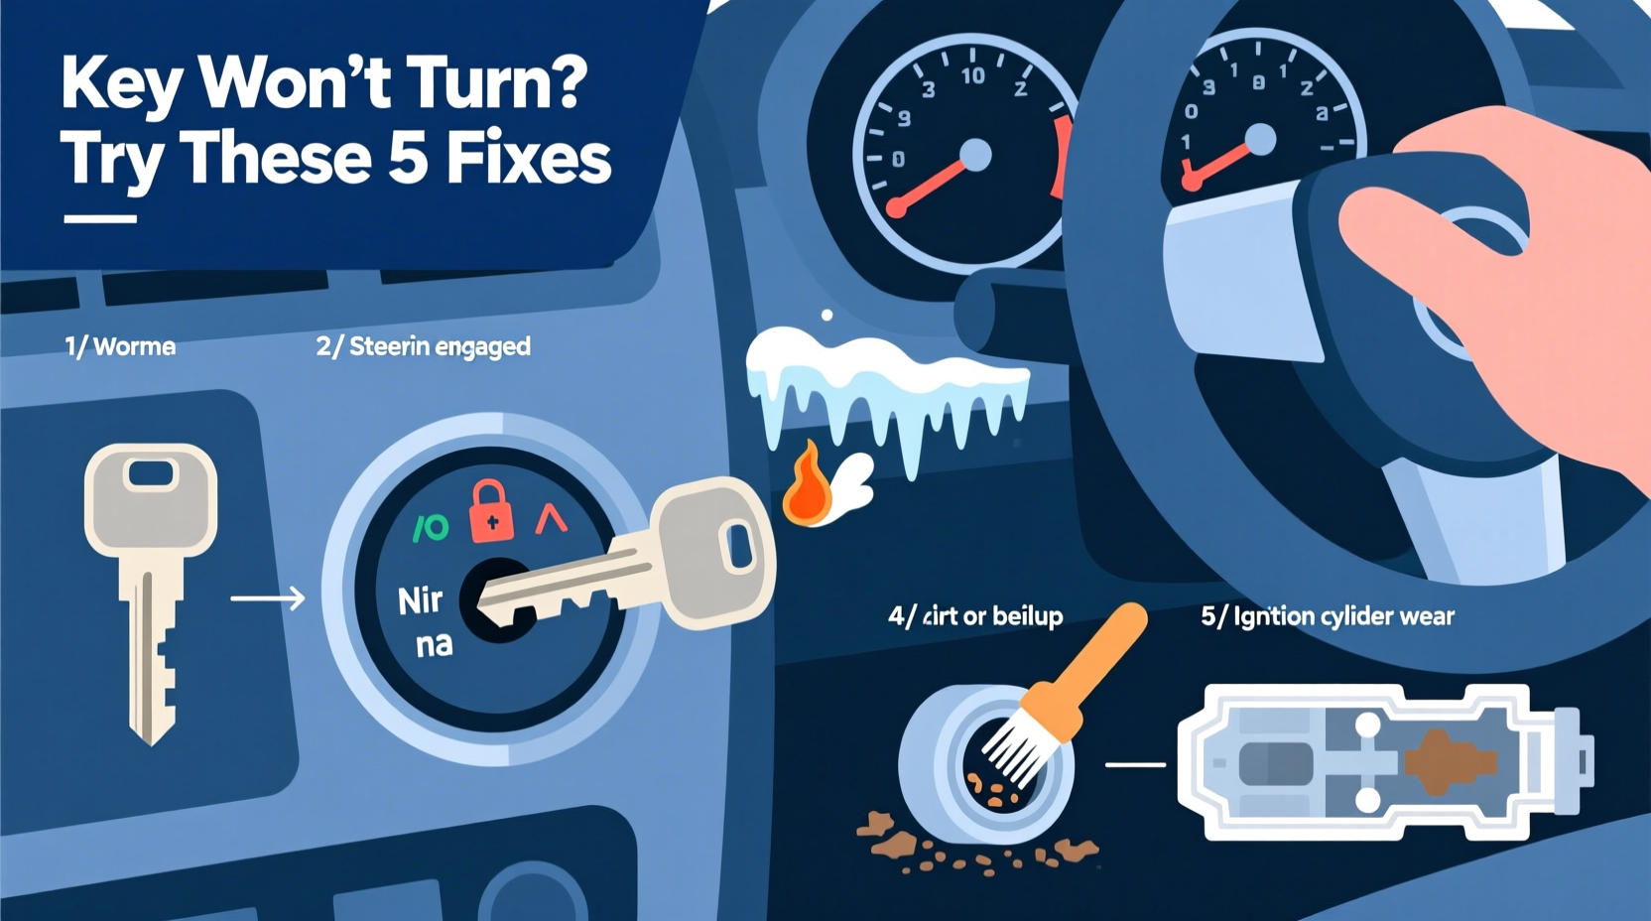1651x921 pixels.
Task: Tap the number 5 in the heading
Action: pos(408,159)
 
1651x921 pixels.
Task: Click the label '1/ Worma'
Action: pos(120,346)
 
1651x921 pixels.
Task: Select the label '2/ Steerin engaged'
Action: pos(424,346)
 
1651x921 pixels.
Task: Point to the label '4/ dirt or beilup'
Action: pos(975,616)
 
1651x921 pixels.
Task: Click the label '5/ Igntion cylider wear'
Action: pos(1328,616)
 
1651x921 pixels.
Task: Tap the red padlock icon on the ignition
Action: pos(491,511)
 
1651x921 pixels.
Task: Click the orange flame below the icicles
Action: pos(807,486)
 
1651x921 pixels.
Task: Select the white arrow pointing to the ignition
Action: pos(268,598)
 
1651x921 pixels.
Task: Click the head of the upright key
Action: pos(151,496)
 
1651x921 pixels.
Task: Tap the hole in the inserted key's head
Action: pos(739,547)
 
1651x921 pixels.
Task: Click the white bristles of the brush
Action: pos(1016,750)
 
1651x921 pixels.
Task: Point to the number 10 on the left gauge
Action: pos(972,75)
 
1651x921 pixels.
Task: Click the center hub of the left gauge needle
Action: pos(976,155)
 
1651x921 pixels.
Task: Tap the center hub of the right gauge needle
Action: pos(1260,140)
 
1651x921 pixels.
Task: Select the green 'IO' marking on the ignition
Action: pos(431,528)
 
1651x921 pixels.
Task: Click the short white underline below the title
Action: pos(100,218)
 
